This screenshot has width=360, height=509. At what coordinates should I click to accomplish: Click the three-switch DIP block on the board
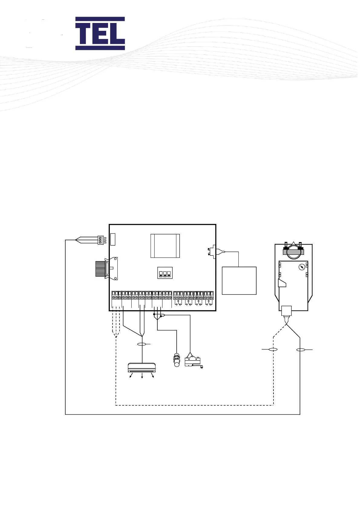tap(165, 273)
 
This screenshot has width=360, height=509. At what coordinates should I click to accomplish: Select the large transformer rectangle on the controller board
tap(165, 246)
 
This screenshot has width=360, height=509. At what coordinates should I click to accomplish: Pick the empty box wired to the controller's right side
tap(239, 280)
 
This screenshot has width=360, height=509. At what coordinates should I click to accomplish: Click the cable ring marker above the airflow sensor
tap(142, 344)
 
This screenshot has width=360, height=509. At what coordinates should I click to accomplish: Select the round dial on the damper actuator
tap(302, 267)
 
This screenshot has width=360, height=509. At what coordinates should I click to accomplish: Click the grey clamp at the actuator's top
tap(293, 251)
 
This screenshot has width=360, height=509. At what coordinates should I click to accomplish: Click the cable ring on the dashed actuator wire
tap(273, 349)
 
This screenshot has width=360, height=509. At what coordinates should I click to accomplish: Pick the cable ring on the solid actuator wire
tap(300, 350)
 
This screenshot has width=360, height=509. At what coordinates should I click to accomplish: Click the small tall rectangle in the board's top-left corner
tap(113, 239)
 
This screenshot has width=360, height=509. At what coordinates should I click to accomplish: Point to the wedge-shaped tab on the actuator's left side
tap(282, 283)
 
